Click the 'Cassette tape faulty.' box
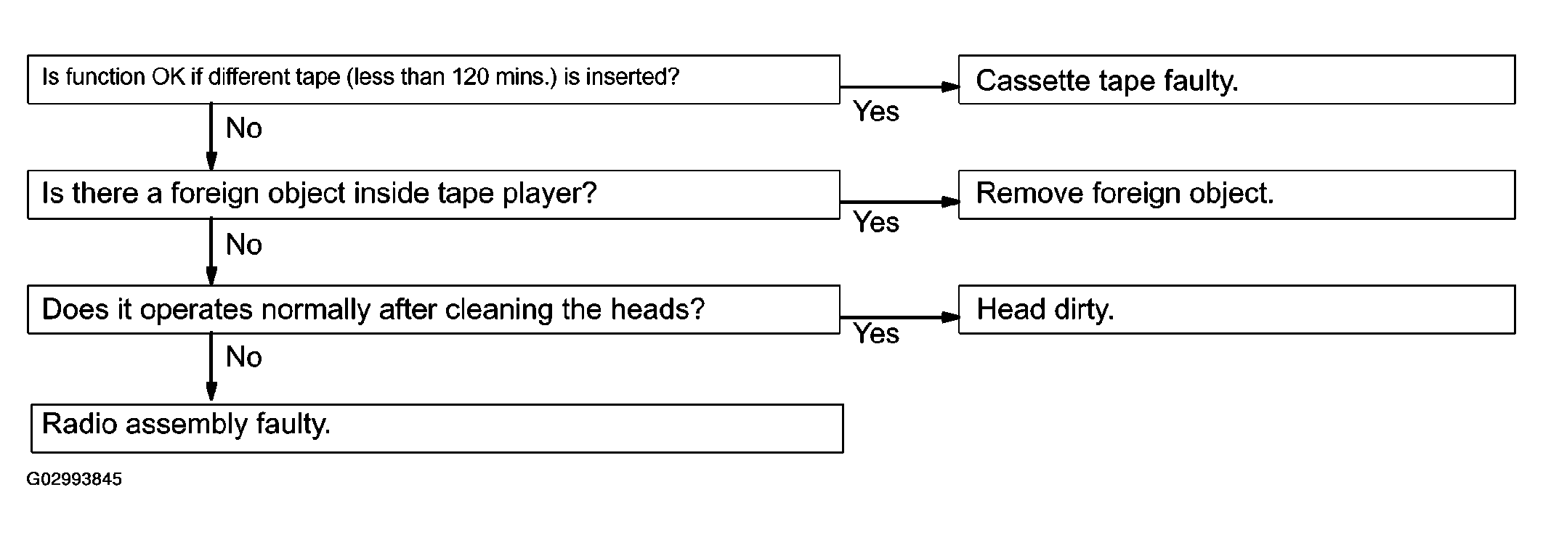tap(1236, 79)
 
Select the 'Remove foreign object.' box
tap(1236, 195)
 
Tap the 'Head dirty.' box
tap(1236, 309)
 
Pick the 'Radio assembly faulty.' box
tap(437, 428)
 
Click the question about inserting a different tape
tap(434, 79)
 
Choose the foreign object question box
tap(434, 195)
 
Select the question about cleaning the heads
tap(434, 309)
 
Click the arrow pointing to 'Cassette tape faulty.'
tap(899, 87)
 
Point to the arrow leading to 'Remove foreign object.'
tap(899, 202)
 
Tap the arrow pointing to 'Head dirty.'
tap(899, 317)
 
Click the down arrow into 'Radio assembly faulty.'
tap(211, 367)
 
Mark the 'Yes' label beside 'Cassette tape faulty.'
tap(876, 112)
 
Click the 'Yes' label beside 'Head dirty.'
tap(876, 334)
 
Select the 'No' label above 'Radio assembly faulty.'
tap(243, 357)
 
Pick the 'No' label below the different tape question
tap(243, 128)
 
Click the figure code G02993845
tap(74, 480)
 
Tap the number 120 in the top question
tap(471, 77)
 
